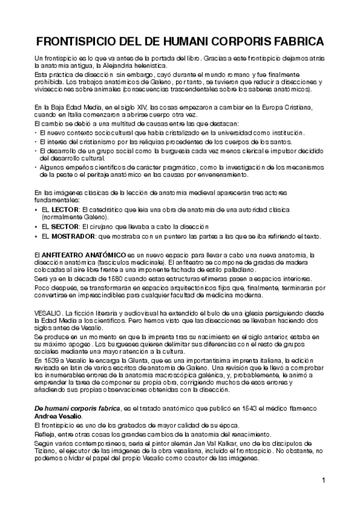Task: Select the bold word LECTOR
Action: tap(64, 209)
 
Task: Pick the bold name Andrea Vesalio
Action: tap(60, 417)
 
